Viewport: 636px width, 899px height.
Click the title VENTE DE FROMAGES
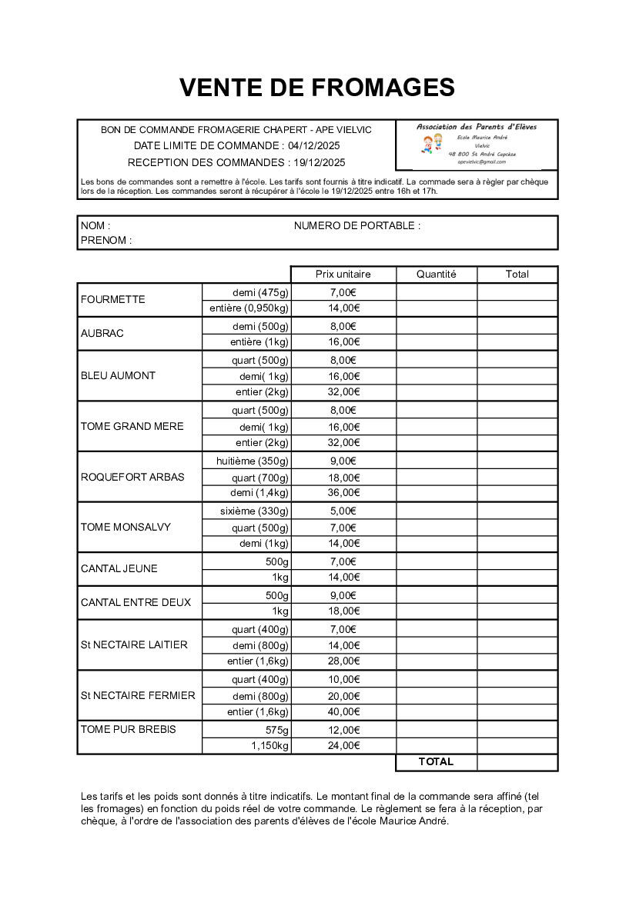[317, 88]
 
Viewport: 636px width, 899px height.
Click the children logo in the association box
[433, 144]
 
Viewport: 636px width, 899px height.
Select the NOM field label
[95, 226]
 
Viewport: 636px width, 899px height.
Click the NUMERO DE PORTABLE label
[357, 226]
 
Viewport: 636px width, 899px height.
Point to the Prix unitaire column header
[343, 275]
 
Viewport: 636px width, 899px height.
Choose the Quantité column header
[436, 275]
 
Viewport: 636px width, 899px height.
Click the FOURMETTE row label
[112, 300]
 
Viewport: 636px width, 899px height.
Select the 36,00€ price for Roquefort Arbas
[343, 493]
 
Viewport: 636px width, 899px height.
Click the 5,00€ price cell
[343, 511]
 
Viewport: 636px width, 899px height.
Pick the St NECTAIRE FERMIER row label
[138, 696]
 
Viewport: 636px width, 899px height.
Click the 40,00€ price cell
[343, 712]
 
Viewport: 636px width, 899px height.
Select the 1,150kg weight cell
[269, 746]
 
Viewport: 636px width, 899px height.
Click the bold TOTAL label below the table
[436, 762]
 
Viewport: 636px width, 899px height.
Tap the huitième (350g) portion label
[253, 461]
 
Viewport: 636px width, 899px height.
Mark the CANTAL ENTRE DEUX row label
[136, 603]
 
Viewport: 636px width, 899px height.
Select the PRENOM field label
[106, 241]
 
